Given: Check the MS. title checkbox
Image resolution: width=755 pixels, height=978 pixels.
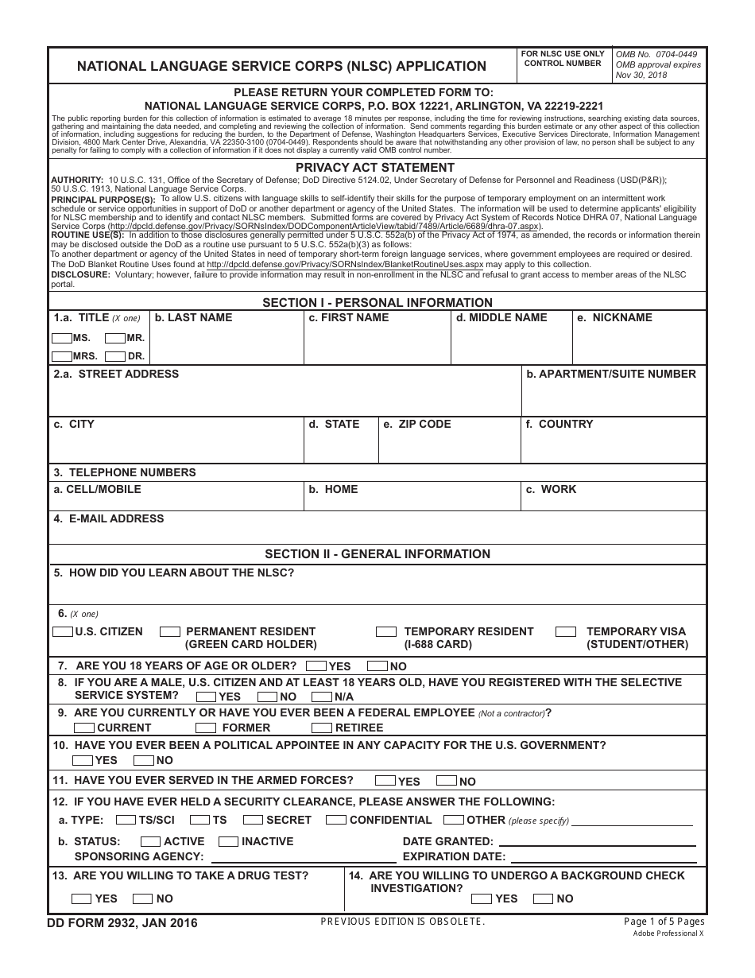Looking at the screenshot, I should click(x=62, y=338).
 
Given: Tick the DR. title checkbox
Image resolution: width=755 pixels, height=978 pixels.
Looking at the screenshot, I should click(x=115, y=357).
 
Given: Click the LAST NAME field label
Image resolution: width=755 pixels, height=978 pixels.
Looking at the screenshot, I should click(x=193, y=318).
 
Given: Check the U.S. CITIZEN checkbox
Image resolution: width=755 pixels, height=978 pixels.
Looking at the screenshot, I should click(x=63, y=632).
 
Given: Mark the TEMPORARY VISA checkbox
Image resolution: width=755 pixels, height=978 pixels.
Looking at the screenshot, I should click(x=566, y=632).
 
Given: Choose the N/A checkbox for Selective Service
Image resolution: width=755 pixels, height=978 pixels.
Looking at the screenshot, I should click(x=321, y=697).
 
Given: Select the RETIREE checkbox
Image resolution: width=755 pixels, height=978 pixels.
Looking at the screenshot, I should click(x=321, y=728).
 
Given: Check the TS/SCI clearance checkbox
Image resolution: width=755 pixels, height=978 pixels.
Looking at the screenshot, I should click(x=126, y=820).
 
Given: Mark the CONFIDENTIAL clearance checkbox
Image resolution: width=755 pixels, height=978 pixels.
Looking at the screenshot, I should click(x=335, y=820).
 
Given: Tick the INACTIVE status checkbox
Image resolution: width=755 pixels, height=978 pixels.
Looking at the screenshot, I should click(x=228, y=841).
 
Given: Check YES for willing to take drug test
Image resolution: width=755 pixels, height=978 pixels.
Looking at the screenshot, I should click(x=81, y=899).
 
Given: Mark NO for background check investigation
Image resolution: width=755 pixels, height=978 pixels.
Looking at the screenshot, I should click(x=543, y=899).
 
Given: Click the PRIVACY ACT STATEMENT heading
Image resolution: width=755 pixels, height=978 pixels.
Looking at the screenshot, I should click(x=375, y=168).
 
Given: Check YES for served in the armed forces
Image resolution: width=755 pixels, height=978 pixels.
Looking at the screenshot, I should click(x=385, y=782).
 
